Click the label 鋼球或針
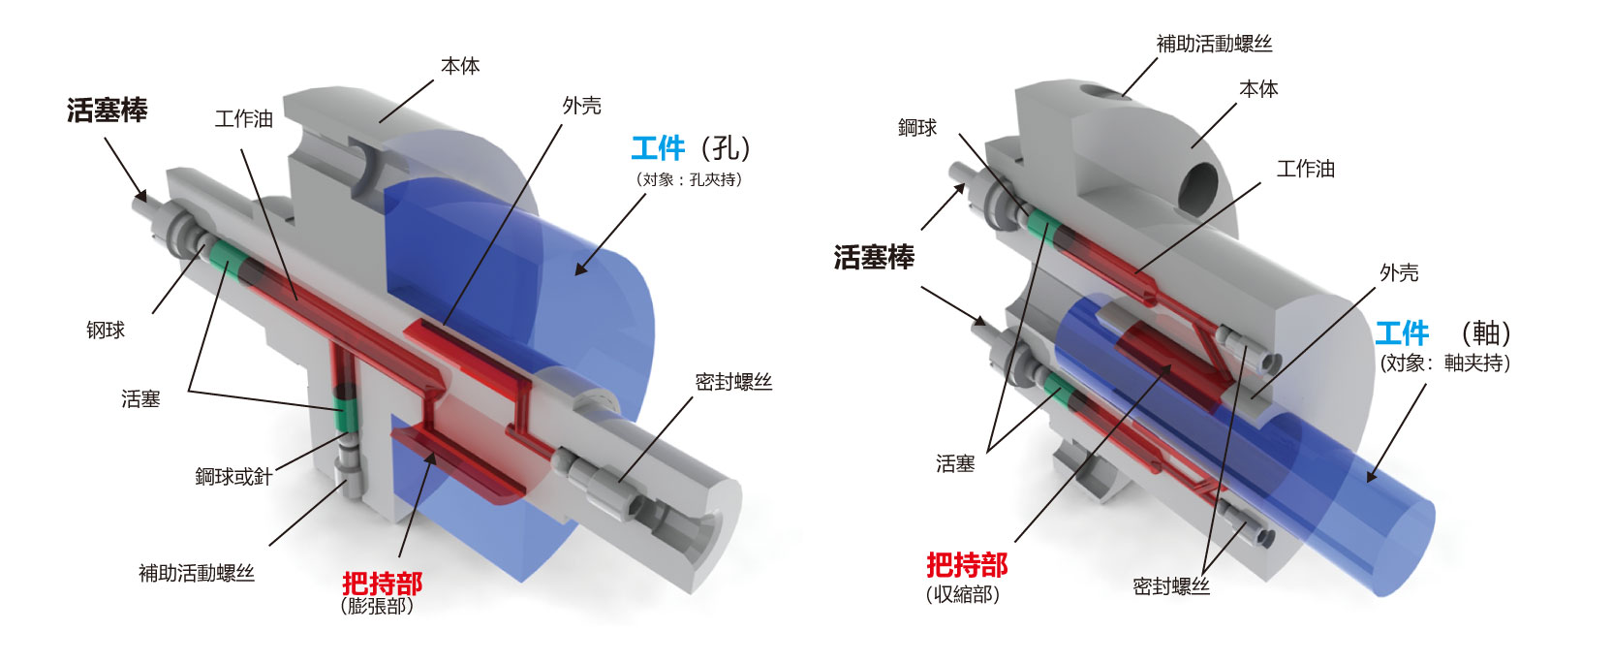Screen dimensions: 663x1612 [x=233, y=476]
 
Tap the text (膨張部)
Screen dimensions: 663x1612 [x=378, y=607]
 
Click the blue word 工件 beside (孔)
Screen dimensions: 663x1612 [x=658, y=148]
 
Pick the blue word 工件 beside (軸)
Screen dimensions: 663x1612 [x=1401, y=334]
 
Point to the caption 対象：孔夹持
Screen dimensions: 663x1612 [x=689, y=179]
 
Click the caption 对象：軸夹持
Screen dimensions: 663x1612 [x=1444, y=363]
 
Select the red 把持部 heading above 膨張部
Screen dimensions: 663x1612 [x=382, y=584]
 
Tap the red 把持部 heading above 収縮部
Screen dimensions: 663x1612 [x=966, y=564]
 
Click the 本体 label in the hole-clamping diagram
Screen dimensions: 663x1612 [x=460, y=66]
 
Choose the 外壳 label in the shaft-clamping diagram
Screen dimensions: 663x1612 [x=1398, y=273]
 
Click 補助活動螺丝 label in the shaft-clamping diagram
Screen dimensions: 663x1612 [x=1214, y=44]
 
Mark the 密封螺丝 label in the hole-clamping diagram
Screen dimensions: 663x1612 [x=733, y=382]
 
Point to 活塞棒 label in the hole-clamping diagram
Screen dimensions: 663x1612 [x=107, y=110]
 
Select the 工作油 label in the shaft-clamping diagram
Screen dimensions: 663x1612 [x=1305, y=169]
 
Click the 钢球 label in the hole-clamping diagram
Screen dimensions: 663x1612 [x=106, y=331]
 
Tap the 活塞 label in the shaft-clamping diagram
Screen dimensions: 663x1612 [x=954, y=464]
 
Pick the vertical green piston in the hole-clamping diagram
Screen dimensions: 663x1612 [x=340, y=413]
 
